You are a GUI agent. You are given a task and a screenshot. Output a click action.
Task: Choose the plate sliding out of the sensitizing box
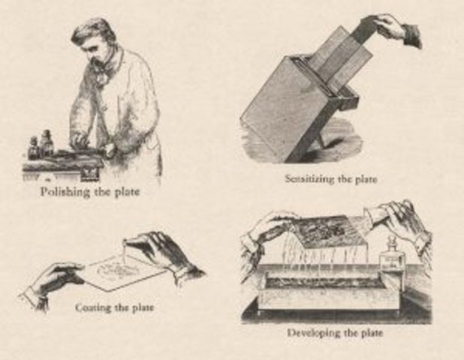click(342, 52)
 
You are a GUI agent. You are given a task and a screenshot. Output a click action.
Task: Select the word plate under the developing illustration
click(368, 332)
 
